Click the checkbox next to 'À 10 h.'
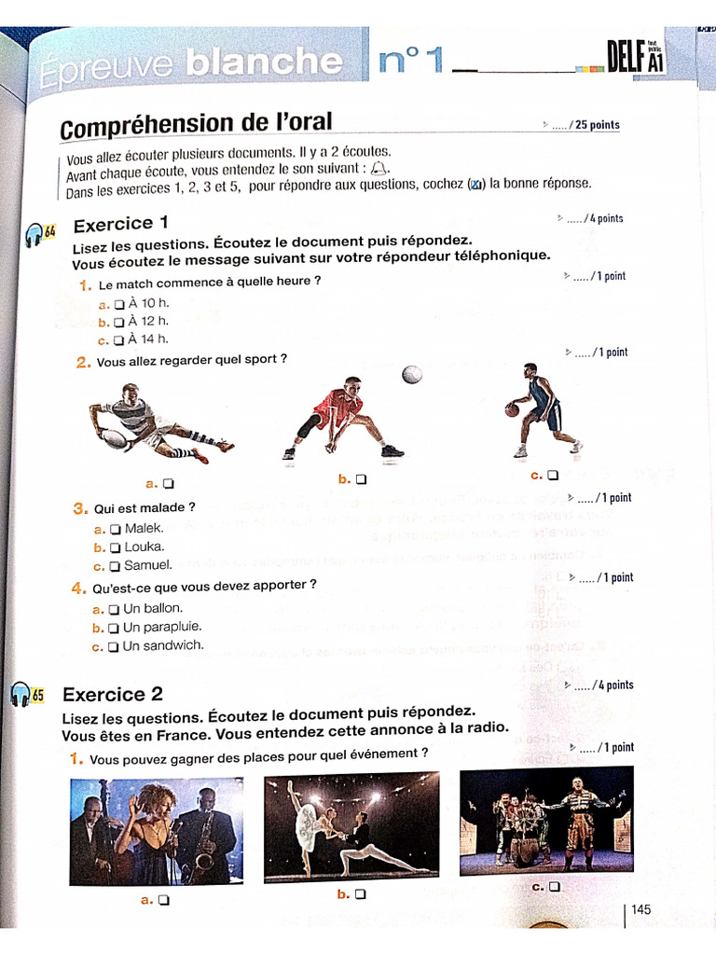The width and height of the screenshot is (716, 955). click(x=119, y=304)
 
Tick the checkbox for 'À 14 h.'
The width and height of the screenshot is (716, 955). click(x=118, y=340)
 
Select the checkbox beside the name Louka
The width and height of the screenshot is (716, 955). click(x=116, y=547)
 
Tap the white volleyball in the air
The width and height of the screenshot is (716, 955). click(x=412, y=374)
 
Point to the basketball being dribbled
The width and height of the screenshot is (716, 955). click(x=512, y=409)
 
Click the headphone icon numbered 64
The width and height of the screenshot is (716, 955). click(x=36, y=234)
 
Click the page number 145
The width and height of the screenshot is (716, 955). click(x=641, y=909)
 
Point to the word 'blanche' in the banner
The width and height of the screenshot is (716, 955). click(x=263, y=62)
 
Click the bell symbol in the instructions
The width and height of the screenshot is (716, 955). click(x=378, y=168)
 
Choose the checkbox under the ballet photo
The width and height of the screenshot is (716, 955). click(x=361, y=893)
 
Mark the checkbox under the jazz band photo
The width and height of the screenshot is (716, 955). click(x=164, y=900)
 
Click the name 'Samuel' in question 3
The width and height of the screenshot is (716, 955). click(x=147, y=565)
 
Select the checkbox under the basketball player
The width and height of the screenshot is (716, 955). click(x=554, y=475)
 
